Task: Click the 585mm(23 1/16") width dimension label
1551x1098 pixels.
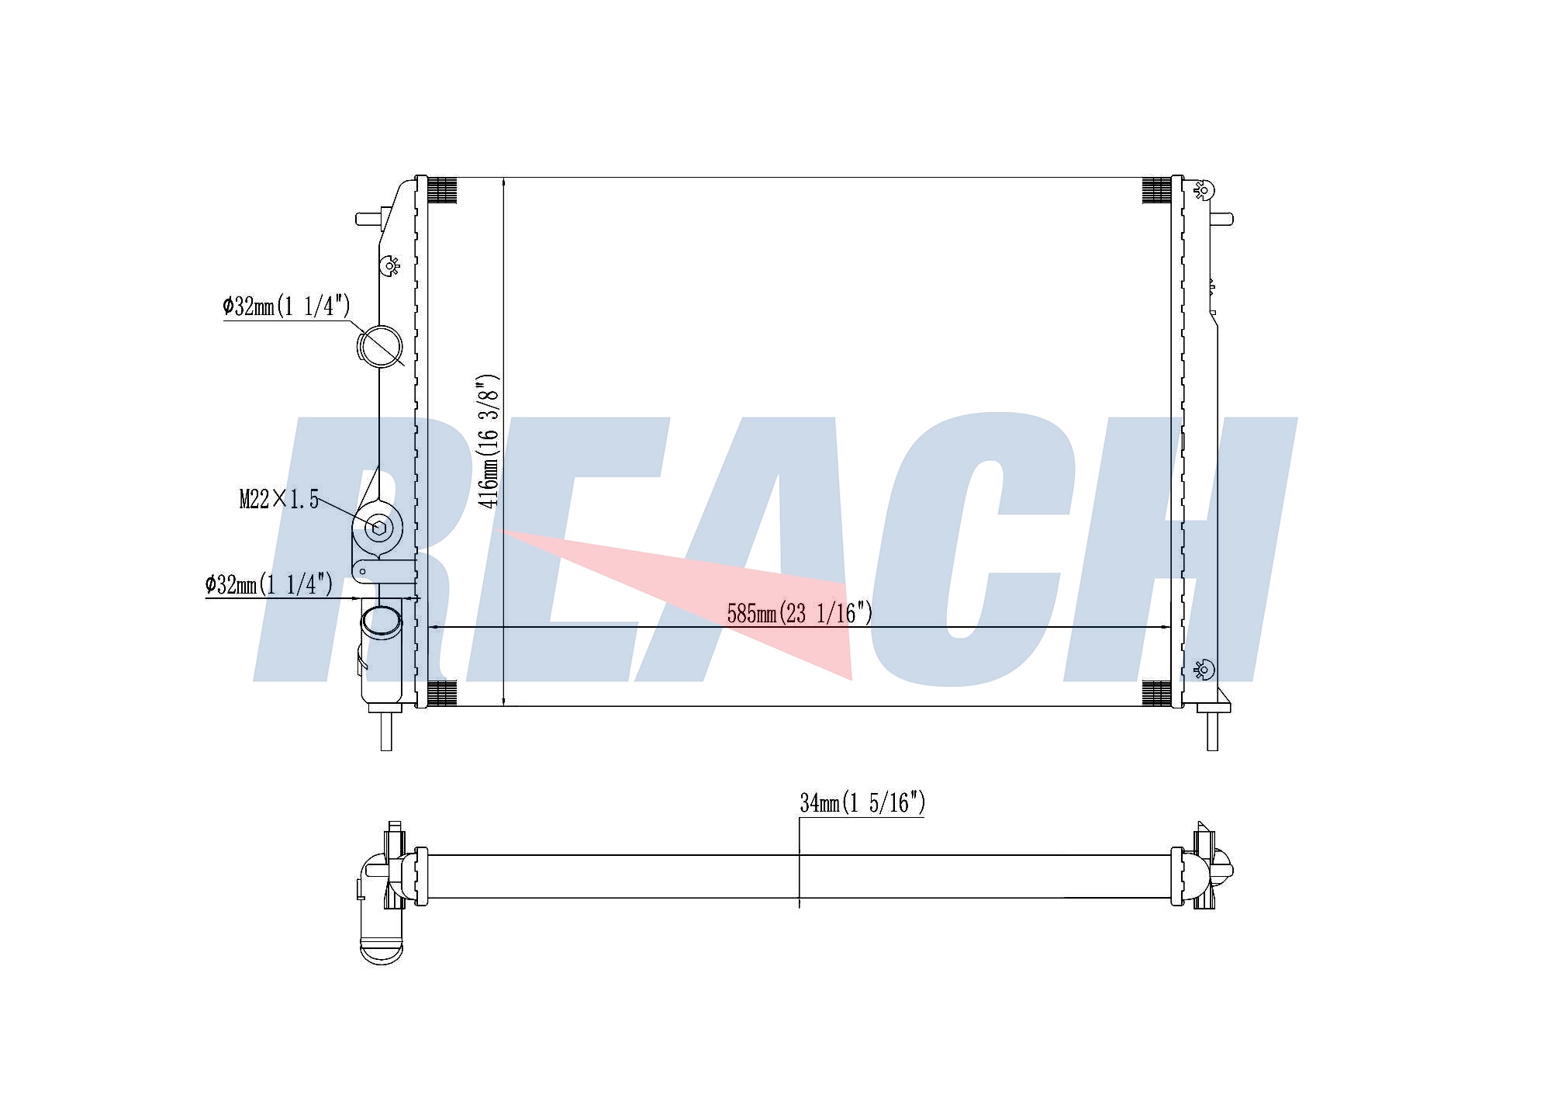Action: pyautogui.click(x=800, y=614)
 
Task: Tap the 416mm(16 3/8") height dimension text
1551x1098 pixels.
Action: pyautogui.click(x=489, y=442)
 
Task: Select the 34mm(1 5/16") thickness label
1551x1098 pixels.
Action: pyautogui.click(x=862, y=803)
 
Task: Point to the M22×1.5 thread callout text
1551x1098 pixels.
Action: pyautogui.click(x=279, y=499)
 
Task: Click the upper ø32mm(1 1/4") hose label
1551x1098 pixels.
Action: pyautogui.click(x=286, y=307)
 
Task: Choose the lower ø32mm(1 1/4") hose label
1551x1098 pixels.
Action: pyautogui.click(x=268, y=584)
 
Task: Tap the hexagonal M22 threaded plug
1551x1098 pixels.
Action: pyautogui.click(x=379, y=528)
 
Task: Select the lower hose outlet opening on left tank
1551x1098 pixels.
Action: pyautogui.click(x=382, y=622)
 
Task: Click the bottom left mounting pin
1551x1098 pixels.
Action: pyautogui.click(x=386, y=730)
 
